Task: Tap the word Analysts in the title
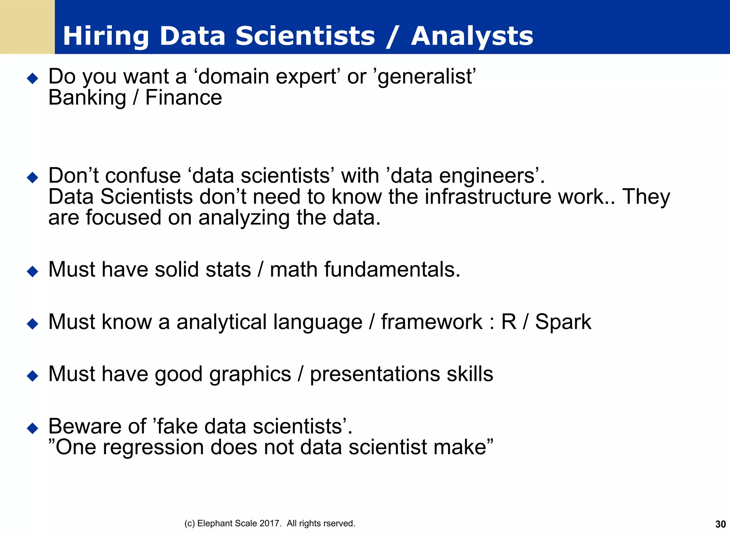click(472, 36)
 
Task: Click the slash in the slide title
click(393, 36)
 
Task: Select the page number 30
click(720, 524)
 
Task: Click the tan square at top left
click(27, 27)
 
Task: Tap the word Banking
click(87, 98)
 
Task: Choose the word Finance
click(184, 98)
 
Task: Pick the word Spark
click(563, 322)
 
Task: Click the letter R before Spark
click(509, 322)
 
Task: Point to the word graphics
click(250, 374)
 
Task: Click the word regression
click(153, 447)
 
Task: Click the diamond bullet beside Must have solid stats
click(32, 271)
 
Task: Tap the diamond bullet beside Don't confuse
click(32, 177)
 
